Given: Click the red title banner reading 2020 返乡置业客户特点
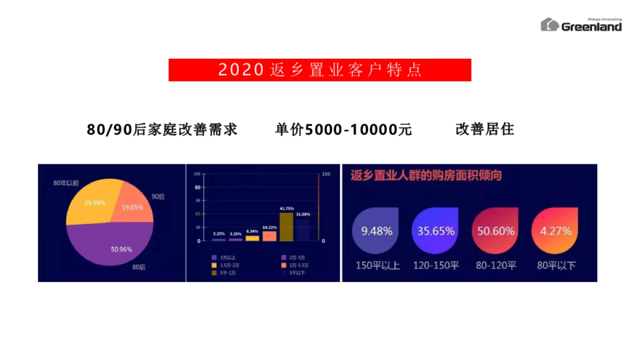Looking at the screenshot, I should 319,70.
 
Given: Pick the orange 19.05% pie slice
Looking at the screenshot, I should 133,204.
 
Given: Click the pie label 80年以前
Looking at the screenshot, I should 66,183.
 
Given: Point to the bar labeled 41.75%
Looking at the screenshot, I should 286,227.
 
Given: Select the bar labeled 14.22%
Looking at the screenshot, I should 269,236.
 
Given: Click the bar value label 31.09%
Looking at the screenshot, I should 303,214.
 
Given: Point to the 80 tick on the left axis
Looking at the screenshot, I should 198,188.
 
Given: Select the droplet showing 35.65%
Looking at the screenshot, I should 436,230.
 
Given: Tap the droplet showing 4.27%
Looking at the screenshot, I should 555,230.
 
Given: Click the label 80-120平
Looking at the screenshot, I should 496,265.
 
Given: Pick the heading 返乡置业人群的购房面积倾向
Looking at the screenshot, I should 426,175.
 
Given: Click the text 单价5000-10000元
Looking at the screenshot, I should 343,130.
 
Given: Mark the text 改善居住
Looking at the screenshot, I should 485,130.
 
